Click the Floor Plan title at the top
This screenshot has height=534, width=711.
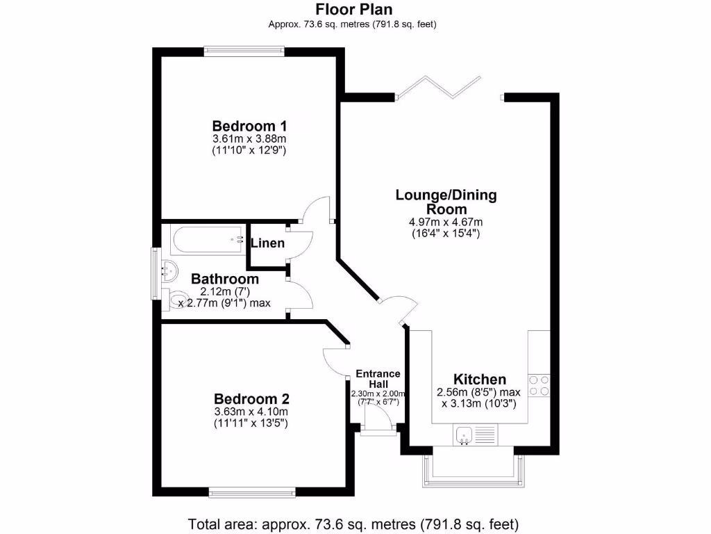pyautogui.click(x=353, y=9)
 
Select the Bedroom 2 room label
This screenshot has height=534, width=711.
pyautogui.click(x=251, y=399)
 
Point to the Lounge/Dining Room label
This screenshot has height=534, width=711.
pyautogui.click(x=446, y=202)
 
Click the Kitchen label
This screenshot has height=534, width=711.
pyautogui.click(x=479, y=380)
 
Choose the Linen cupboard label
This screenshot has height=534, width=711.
pyautogui.click(x=267, y=243)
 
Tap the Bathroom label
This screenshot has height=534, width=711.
pyautogui.click(x=225, y=279)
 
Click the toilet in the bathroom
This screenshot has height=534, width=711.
pyautogui.click(x=178, y=300)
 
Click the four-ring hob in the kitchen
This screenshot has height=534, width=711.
pyautogui.click(x=539, y=385)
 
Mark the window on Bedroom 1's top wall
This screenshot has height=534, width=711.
pyautogui.click(x=244, y=49)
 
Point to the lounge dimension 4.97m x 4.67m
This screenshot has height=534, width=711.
pyautogui.click(x=446, y=222)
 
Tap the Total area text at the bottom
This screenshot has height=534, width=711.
pyautogui.click(x=353, y=524)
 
